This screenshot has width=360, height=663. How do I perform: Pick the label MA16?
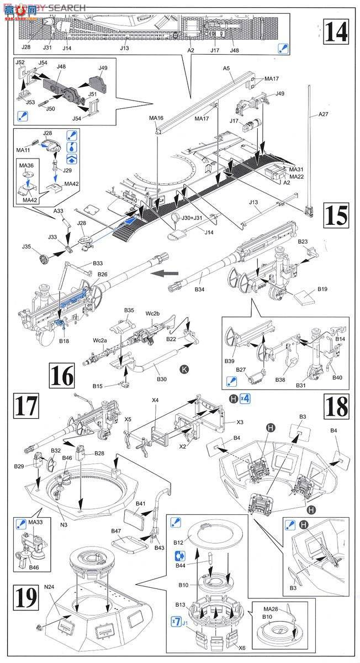156,118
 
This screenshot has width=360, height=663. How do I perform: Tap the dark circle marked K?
183,368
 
